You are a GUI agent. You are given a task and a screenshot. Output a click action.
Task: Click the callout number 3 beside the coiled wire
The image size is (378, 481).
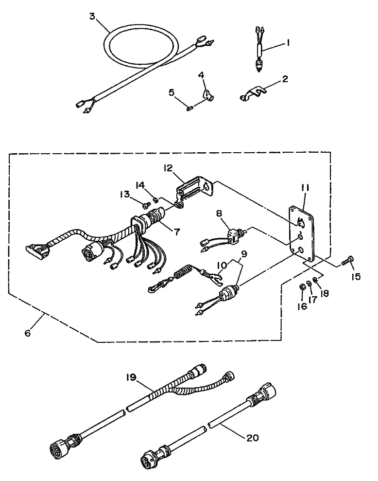pos(92,16)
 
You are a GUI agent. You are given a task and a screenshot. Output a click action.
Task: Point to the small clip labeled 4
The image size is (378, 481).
pos(206,90)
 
